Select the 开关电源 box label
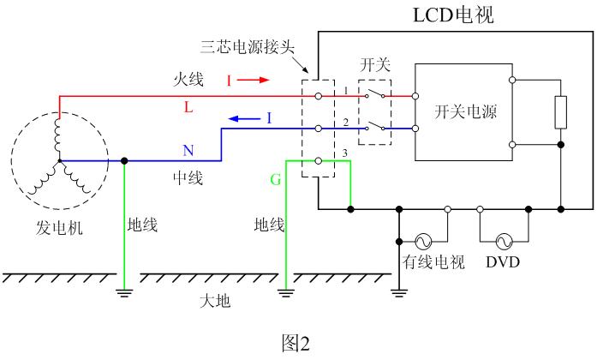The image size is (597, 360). pyautogui.click(x=466, y=112)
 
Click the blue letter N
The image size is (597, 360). pyautogui.click(x=188, y=151)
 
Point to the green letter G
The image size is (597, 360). pyautogui.click(x=275, y=180)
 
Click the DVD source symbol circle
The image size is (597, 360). pyautogui.click(x=503, y=241)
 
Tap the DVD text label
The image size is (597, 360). pyautogui.click(x=503, y=262)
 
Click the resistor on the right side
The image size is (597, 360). pyautogui.click(x=561, y=111)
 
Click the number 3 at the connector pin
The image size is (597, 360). pyautogui.click(x=344, y=153)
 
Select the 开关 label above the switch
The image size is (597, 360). pyautogui.click(x=374, y=65)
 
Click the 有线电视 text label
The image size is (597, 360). pyautogui.click(x=433, y=262)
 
